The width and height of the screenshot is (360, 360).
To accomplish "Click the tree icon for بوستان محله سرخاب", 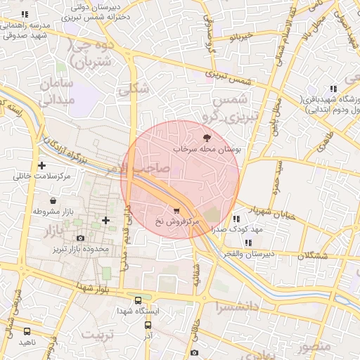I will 207,139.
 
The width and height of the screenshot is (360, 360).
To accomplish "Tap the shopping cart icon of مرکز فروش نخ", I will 176,210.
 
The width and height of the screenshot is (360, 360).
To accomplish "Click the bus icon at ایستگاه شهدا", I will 139,298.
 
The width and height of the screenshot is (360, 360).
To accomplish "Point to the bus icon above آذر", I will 148,326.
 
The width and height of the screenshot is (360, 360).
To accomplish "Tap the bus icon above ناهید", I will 27,331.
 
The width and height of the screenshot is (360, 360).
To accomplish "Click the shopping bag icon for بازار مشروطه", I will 53,200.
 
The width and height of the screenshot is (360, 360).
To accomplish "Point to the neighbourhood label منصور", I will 313,347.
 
